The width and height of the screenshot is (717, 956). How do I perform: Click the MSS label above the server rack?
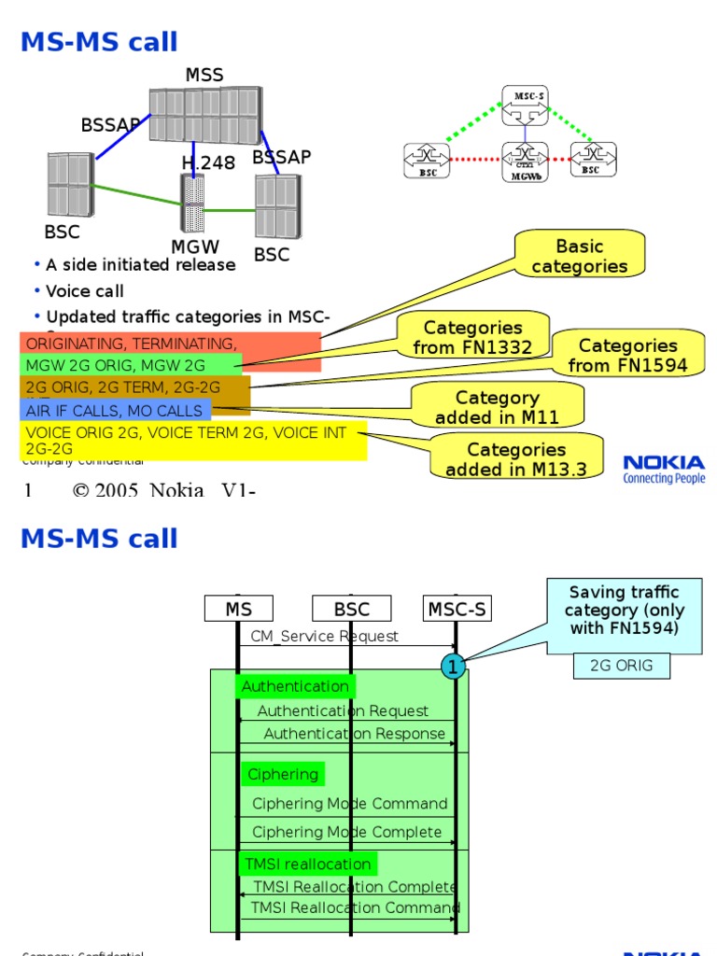click(x=204, y=75)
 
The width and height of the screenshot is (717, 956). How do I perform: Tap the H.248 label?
click(x=208, y=163)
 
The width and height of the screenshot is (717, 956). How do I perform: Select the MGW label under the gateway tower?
click(x=195, y=246)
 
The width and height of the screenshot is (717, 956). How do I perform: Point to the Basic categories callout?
click(x=580, y=257)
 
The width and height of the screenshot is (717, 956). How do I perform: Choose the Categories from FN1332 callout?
click(x=472, y=337)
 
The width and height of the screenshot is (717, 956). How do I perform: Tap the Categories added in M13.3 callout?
click(x=516, y=459)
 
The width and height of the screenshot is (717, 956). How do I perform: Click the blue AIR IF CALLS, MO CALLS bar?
click(x=115, y=411)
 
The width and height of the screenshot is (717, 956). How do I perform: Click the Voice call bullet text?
click(x=85, y=291)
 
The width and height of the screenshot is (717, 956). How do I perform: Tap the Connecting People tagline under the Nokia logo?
click(x=664, y=479)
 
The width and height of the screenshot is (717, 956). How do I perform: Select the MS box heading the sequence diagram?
click(x=239, y=610)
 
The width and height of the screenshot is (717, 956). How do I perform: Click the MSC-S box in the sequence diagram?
click(x=457, y=610)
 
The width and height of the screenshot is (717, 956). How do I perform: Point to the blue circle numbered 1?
click(x=453, y=667)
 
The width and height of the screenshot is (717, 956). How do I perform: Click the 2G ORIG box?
click(x=621, y=666)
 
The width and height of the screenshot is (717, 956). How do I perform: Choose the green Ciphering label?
click(x=283, y=774)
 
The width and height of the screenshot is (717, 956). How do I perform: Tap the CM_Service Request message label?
click(x=325, y=636)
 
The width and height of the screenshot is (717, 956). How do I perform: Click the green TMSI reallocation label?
click(x=307, y=864)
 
